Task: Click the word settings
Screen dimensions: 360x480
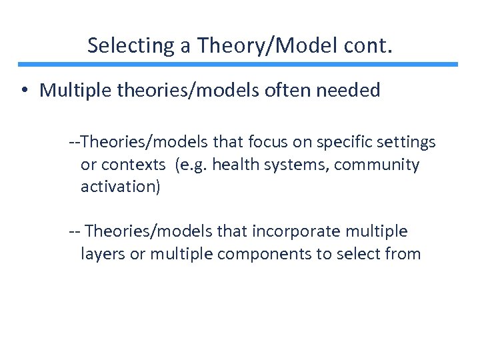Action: pos(406,142)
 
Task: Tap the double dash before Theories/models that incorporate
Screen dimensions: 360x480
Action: pos(75,231)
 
